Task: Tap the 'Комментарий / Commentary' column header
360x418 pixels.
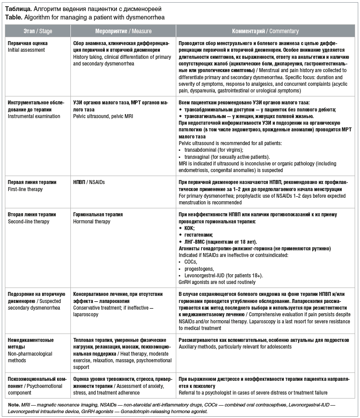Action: pyautogui.click(x=265, y=31)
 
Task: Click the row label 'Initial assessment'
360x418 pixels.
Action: pyautogui.click(x=27, y=50)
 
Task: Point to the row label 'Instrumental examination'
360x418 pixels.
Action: pyautogui.click(x=34, y=116)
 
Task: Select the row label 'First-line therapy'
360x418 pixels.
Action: pyautogui.click(x=26, y=189)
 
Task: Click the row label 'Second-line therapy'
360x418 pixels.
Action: pyautogui.click(x=29, y=222)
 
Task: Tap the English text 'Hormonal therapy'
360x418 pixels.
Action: pyautogui.click(x=92, y=222)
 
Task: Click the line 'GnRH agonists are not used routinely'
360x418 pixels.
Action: pyautogui.click(x=217, y=282)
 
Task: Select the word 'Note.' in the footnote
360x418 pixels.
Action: pyautogui.click(x=14, y=405)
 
